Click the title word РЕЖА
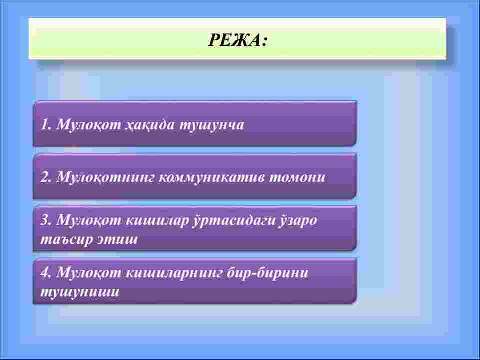(234, 40)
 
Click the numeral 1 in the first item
(44, 125)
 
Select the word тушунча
(212, 125)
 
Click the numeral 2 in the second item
(45, 177)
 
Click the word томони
(297, 177)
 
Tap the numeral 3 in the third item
(45, 220)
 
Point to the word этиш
(117, 239)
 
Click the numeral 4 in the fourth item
(45, 273)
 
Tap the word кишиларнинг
(174, 273)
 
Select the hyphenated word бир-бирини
(267, 273)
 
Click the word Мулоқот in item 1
(89, 125)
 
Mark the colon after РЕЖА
(264, 41)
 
